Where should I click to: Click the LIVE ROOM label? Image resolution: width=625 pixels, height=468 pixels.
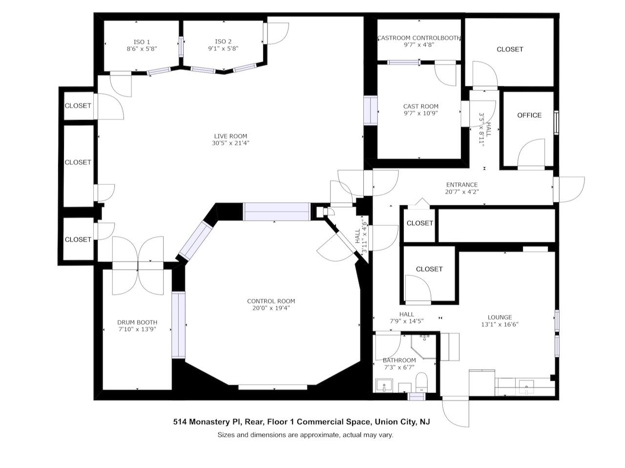230,136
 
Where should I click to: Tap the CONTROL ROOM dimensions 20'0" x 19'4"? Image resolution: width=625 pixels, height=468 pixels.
271,308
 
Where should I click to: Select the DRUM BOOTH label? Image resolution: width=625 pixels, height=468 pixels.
137,322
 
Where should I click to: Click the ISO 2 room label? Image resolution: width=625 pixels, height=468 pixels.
223,42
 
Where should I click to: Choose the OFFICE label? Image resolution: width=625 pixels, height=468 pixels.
529,115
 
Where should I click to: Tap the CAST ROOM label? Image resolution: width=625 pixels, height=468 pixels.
420,106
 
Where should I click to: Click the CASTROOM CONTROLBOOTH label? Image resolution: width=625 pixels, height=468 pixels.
419,38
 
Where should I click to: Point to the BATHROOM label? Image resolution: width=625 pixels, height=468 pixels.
399,361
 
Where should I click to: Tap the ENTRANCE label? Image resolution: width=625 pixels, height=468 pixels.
461,185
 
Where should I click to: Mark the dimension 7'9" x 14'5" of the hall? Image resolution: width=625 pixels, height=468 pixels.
406,321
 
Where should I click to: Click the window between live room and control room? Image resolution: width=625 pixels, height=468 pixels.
276,212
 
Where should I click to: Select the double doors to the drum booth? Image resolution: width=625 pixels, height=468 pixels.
138,266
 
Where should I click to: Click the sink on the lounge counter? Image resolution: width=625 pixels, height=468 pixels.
526,387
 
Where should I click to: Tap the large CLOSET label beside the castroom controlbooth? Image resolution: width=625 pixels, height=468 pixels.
510,49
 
